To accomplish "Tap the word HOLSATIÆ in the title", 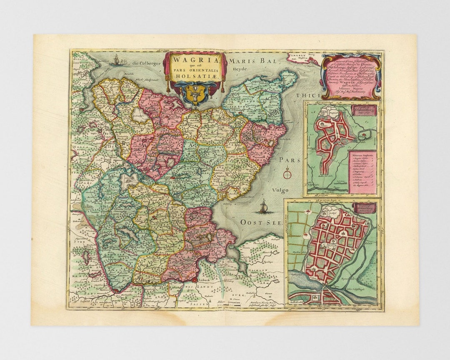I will click(x=195, y=76).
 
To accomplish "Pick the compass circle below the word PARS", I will click(x=287, y=171).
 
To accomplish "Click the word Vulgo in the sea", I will click(x=280, y=190).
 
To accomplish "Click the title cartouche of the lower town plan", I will click(x=364, y=207).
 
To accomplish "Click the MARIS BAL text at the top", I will click(x=252, y=61).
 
